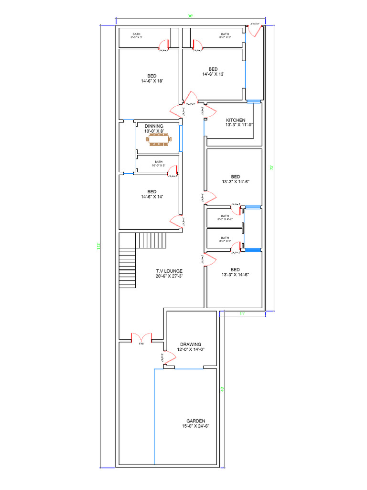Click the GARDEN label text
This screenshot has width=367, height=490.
[195, 423]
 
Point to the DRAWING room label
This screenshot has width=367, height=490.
[191, 347]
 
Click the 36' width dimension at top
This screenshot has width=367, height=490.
[190, 16]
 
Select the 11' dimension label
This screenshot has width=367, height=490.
[242, 313]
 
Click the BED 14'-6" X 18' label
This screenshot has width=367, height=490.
[152, 78]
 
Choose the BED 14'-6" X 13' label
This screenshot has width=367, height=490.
[213, 71]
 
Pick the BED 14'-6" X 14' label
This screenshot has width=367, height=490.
[152, 194]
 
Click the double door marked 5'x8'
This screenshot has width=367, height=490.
[141, 337]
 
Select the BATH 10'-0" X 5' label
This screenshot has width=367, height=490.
[158, 163]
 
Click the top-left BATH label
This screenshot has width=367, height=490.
[137, 35]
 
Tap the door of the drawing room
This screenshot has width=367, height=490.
[168, 358]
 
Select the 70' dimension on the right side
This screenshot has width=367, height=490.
[271, 167]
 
